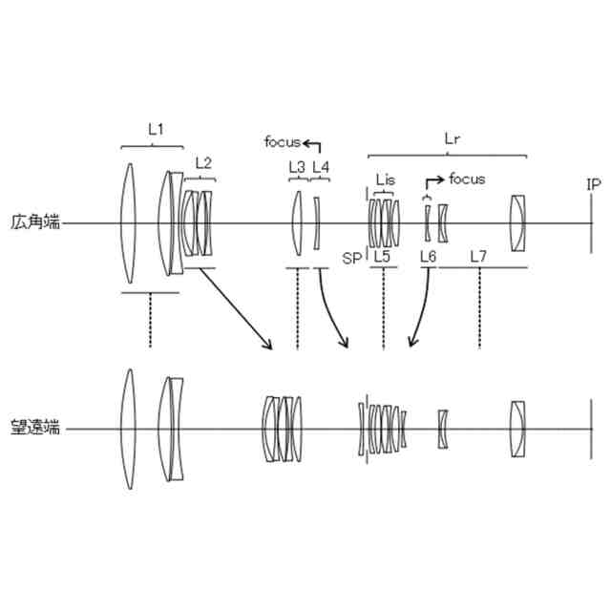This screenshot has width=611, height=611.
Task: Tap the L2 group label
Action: click(202, 162)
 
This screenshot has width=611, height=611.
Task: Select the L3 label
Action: click(297, 166)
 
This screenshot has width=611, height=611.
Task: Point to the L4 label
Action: click(321, 166)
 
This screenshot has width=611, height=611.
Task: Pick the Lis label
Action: click(386, 179)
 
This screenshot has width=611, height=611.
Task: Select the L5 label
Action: click(382, 257)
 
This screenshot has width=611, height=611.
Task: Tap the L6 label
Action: click(428, 257)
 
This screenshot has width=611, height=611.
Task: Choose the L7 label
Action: click(478, 257)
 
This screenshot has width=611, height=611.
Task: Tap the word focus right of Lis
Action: click(467, 179)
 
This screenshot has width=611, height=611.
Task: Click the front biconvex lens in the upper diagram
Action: click(129, 224)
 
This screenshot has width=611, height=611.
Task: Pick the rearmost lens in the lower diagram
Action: click(516, 429)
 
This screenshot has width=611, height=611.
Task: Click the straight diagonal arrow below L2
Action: click(235, 309)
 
